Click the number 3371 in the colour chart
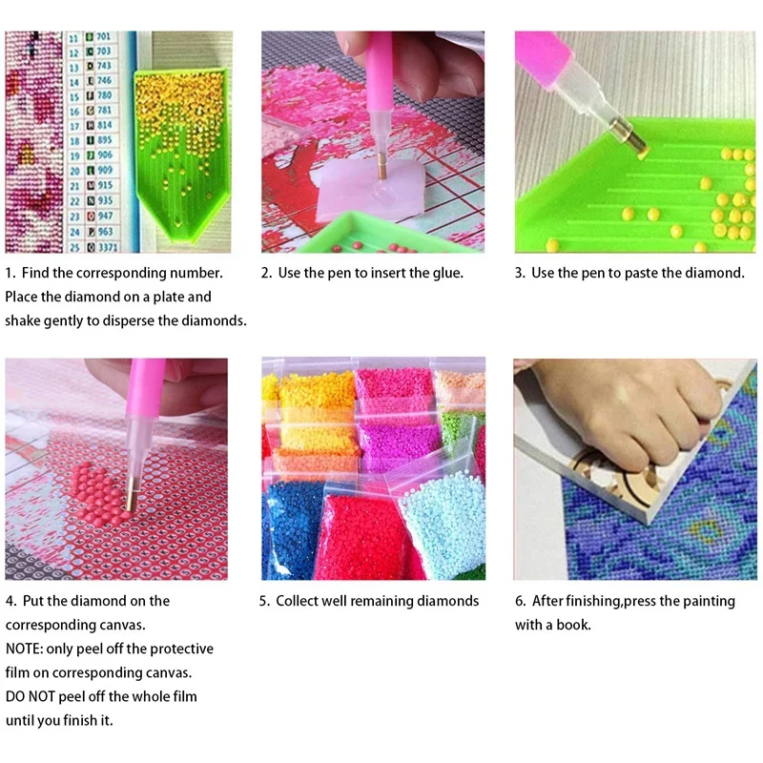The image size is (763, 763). (x=104, y=246)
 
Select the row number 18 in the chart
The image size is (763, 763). (x=75, y=140)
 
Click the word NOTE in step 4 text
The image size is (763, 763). (x=24, y=649)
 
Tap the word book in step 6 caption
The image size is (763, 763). (x=573, y=625)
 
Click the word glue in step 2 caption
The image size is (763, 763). (x=444, y=273)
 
